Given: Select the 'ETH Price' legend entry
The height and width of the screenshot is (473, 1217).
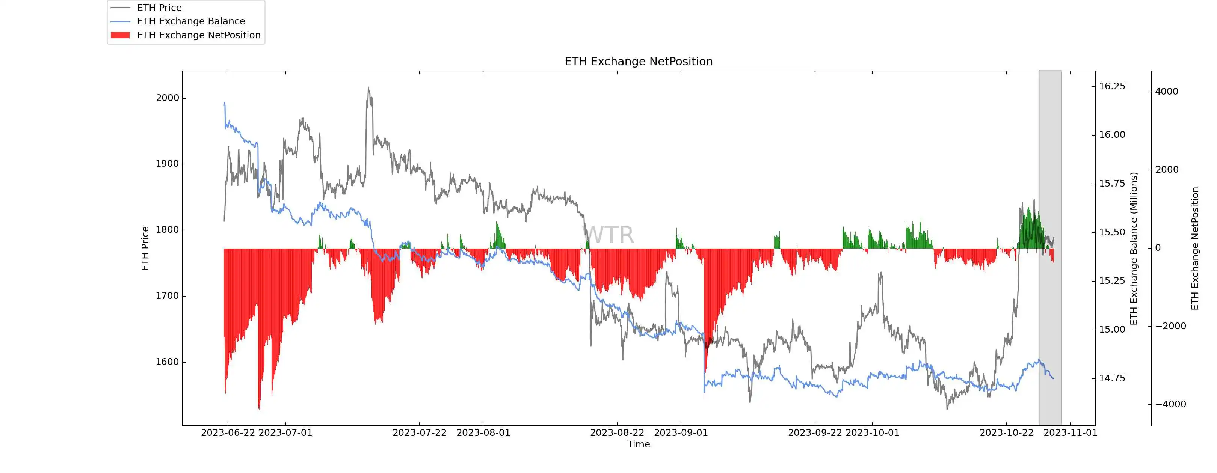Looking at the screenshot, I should [159, 8].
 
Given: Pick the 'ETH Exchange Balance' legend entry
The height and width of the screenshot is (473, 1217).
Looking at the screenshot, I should [190, 21].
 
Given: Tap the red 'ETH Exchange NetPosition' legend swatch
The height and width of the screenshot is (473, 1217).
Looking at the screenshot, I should [120, 35].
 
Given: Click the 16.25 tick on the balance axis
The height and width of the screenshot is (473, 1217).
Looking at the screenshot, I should [1112, 86].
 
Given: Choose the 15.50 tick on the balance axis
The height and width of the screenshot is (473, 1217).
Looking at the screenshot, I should [1112, 232].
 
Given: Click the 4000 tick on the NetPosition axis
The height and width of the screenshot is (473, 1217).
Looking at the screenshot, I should [1166, 92].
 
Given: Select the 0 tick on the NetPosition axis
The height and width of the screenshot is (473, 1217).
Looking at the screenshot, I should [1158, 248].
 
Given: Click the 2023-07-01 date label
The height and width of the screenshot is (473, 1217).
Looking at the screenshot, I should [285, 433].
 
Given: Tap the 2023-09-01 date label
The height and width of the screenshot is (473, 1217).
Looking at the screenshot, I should [681, 433].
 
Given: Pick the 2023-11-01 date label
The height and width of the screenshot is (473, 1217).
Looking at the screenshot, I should [1070, 433].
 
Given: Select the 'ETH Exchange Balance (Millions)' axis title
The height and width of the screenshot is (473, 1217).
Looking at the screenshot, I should [1133, 248].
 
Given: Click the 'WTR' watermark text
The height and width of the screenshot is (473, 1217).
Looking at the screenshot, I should [608, 235].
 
